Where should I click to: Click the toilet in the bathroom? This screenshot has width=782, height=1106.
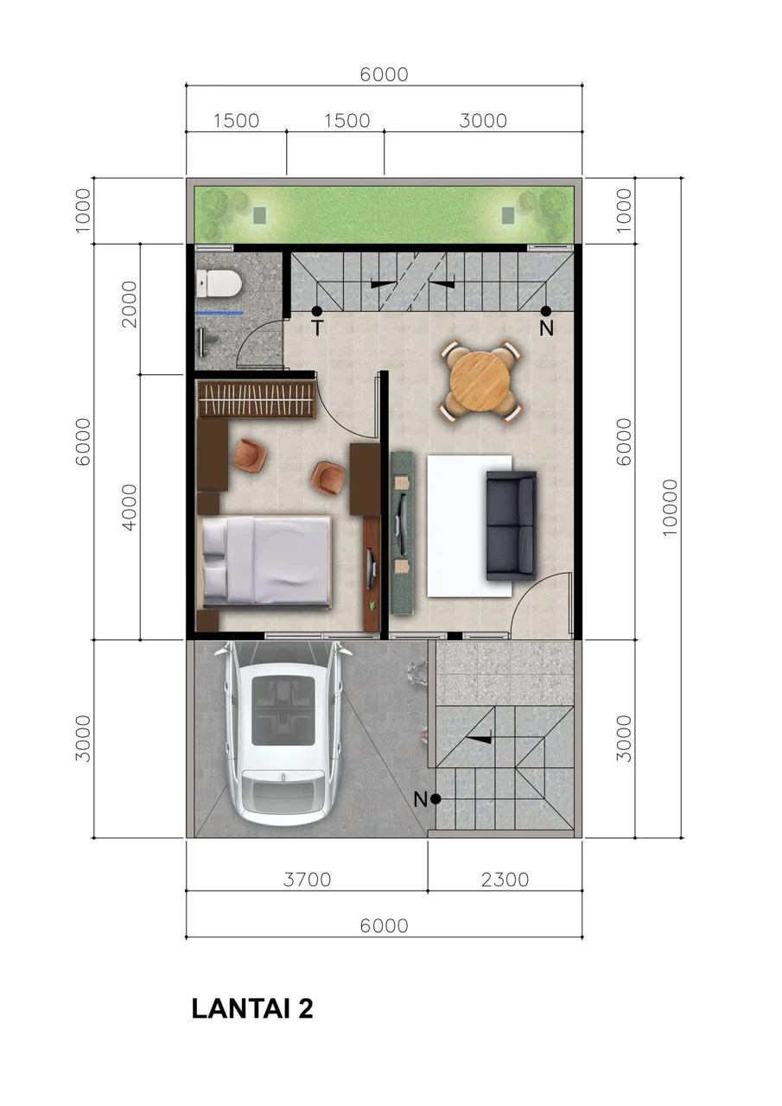pos(219,284)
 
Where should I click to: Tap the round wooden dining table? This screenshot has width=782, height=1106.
pos(480,381)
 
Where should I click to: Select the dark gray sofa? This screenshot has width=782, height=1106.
pos(511,525)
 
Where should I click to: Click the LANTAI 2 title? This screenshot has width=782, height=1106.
pos(252,1008)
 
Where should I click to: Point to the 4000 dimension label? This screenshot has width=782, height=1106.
pos(129,507)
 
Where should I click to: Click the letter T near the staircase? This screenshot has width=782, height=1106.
pos(318,328)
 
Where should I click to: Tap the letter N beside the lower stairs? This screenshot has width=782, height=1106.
pos(420,799)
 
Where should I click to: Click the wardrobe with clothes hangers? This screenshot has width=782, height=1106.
pos(257,399)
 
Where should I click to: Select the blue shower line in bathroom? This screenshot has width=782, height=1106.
pos(219,313)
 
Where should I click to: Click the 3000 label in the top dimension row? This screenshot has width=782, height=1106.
pos(483,120)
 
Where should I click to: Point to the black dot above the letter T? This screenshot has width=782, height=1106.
pos(316,311)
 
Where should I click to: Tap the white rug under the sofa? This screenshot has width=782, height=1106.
pos(469,525)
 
